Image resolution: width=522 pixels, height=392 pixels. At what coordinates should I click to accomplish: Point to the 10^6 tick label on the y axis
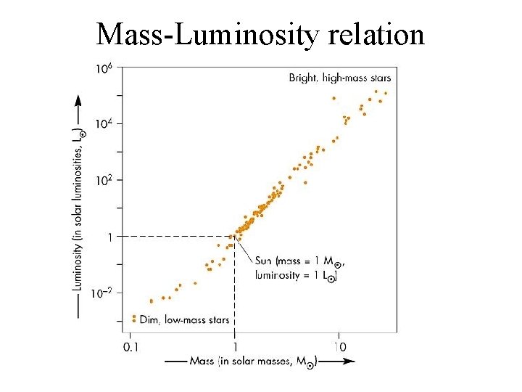pyautogui.click(x=104, y=68)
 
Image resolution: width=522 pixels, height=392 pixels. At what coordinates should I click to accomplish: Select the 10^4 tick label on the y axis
pyautogui.click(x=104, y=124)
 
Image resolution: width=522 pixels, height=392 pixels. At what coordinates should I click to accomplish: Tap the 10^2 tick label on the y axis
pyautogui.click(x=104, y=181)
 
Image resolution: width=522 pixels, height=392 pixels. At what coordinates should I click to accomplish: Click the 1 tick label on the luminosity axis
pyautogui.click(x=109, y=237)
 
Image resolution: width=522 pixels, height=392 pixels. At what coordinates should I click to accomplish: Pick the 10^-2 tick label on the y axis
pyautogui.click(x=101, y=293)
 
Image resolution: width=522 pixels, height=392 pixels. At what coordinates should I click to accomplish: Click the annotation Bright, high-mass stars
pyautogui.click(x=339, y=78)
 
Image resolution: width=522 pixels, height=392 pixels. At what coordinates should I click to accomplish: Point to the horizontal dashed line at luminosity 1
pyautogui.click(x=174, y=237)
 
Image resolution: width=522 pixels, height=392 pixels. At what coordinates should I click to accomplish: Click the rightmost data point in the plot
pyautogui.click(x=385, y=93)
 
